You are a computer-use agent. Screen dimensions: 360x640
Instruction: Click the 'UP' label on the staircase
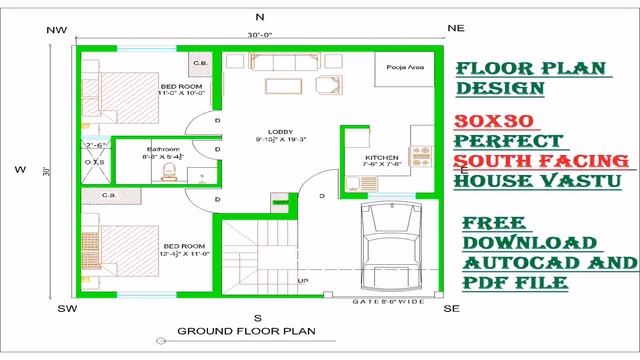pyautogui.click(x=302, y=281)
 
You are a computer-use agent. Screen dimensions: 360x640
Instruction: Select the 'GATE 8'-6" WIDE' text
pyautogui.click(x=389, y=300)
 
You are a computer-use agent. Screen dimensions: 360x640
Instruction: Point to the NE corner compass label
pyautogui.click(x=456, y=30)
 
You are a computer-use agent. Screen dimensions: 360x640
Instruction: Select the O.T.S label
pyautogui.click(x=95, y=162)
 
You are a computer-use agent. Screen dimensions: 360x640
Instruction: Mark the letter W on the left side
pyautogui.click(x=20, y=169)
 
